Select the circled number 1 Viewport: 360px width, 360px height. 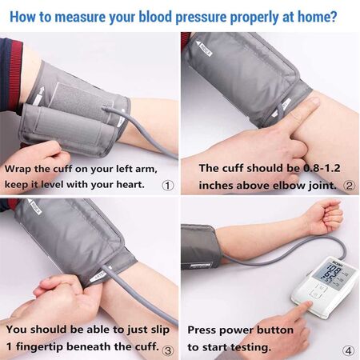167,184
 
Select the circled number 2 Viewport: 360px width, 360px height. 348,185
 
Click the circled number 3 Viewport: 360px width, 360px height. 167,349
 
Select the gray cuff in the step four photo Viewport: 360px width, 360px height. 199,245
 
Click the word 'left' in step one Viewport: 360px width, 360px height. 131,170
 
